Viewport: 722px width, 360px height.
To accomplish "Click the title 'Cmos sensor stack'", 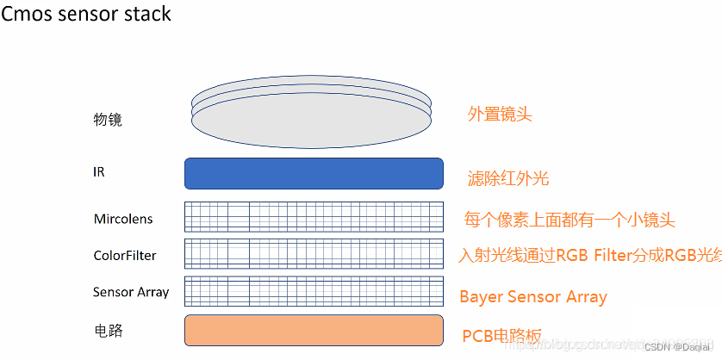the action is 86,15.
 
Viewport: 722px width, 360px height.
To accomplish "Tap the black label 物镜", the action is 108,120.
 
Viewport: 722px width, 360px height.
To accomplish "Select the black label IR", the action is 99,171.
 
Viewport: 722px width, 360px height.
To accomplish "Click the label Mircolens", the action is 123,219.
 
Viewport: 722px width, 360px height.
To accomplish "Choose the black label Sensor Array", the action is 131,292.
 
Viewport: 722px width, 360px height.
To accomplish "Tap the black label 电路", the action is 108,330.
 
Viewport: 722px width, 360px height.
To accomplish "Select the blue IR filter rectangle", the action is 314,173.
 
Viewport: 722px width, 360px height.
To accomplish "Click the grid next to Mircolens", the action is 314,217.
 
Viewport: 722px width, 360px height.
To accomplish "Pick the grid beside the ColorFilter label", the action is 314,254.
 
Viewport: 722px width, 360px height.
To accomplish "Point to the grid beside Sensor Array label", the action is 314,292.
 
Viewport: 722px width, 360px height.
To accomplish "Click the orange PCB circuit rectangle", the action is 314,330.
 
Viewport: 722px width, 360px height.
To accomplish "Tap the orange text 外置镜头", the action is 500,114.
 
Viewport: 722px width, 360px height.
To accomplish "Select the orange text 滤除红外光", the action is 507,179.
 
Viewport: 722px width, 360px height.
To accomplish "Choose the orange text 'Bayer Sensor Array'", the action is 533,297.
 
